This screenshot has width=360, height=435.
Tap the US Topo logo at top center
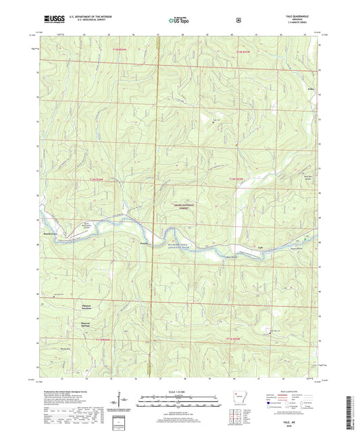coord(178,20)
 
